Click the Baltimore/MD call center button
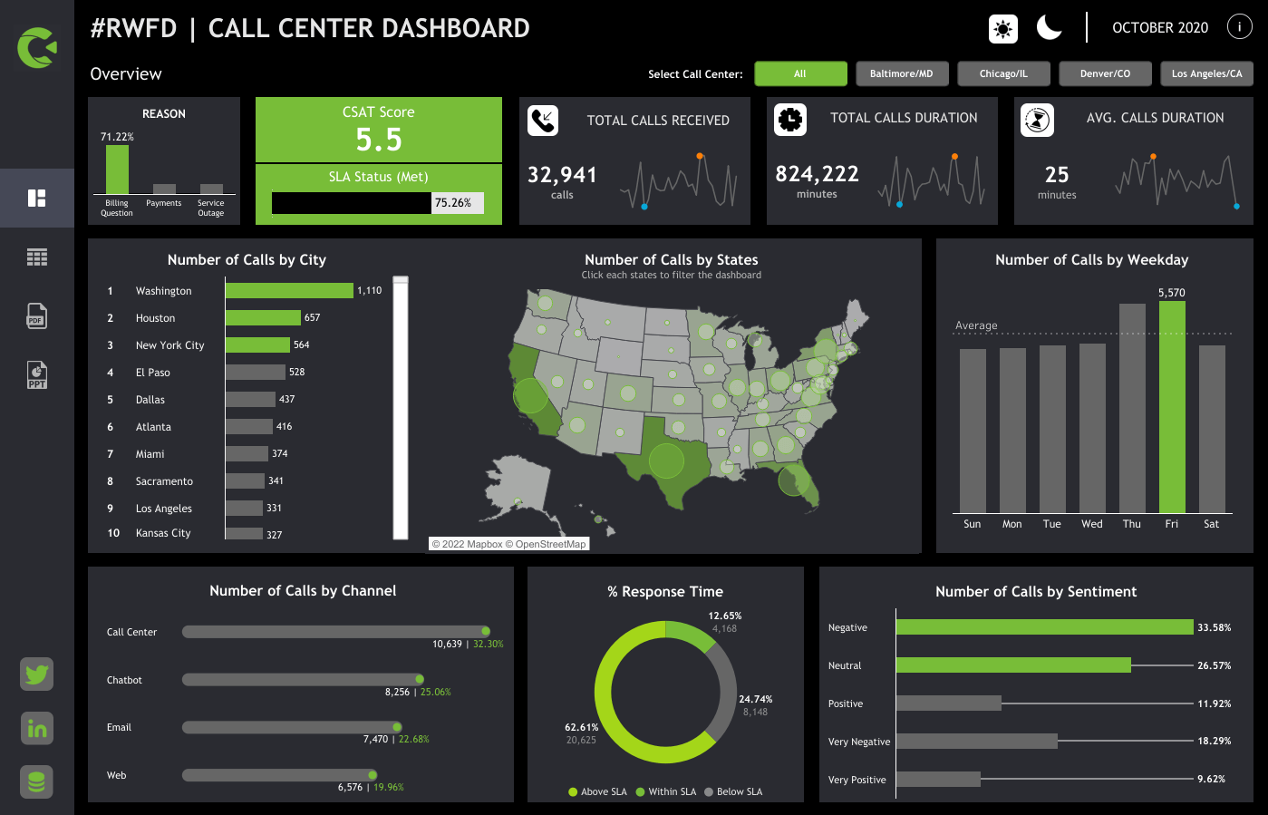901,73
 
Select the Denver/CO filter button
1105,73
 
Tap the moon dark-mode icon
1049,28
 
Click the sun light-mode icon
1002,29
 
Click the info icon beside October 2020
1239,27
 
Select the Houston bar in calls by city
263,317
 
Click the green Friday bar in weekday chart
1171,407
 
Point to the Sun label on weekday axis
972,524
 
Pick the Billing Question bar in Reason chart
117,170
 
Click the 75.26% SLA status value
453,203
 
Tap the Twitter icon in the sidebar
37,674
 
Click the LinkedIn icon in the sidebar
37,728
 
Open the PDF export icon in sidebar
36,315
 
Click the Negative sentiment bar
1044,627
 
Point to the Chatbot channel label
124,680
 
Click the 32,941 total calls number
562,175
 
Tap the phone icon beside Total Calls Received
543,121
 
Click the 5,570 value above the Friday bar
1171,293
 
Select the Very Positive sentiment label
857,780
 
